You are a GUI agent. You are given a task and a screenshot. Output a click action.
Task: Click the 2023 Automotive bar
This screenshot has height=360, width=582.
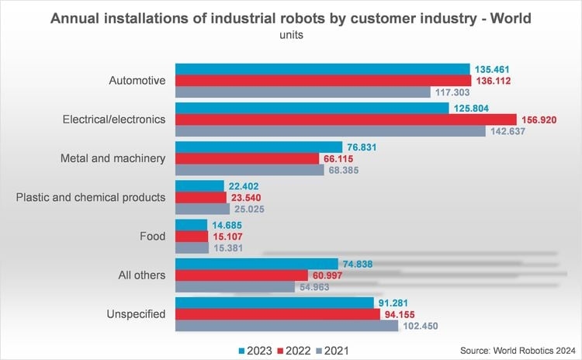[323, 68]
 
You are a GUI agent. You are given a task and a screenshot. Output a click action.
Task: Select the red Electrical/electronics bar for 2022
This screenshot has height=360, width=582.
[346, 119]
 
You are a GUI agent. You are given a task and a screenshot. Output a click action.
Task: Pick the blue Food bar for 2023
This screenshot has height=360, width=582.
[192, 225]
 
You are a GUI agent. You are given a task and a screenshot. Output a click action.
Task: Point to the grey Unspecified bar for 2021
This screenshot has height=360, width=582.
[285, 326]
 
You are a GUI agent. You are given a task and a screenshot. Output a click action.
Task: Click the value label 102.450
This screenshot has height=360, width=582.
[421, 326]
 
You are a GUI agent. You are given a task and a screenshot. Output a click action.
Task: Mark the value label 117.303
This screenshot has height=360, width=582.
[454, 92]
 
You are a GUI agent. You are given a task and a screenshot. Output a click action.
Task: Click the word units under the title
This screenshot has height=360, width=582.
[290, 34]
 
